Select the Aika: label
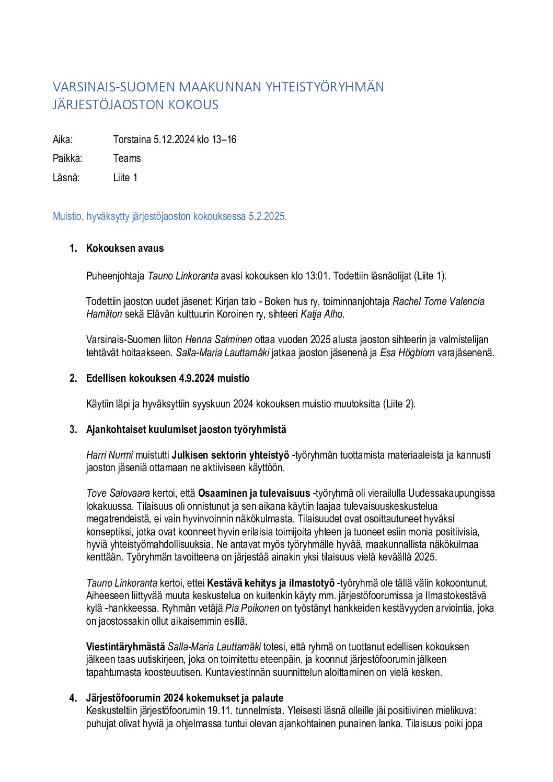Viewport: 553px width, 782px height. click(63, 139)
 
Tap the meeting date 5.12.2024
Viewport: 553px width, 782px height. click(174, 139)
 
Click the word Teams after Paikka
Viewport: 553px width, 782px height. click(127, 158)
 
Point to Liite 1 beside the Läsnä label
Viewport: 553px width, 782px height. click(125, 178)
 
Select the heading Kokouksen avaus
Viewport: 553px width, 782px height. click(125, 249)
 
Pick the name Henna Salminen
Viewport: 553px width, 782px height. click(218, 340)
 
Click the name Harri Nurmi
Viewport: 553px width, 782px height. click(109, 455)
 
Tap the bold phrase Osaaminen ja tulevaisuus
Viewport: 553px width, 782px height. click(254, 493)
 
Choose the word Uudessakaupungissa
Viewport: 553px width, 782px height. click(452, 493)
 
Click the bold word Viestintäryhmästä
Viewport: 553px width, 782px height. click(125, 647)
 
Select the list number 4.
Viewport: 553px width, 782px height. click(73, 698)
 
